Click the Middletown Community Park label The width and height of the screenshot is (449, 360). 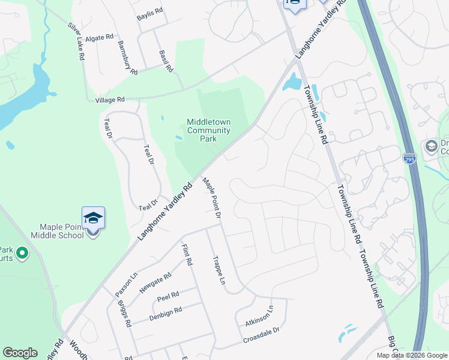(208, 130)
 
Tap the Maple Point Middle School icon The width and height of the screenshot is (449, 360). (93, 218)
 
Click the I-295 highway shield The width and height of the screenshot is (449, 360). (409, 158)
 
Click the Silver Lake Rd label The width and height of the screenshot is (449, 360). (75, 41)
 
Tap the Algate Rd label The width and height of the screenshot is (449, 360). (99, 37)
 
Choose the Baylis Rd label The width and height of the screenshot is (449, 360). (149, 11)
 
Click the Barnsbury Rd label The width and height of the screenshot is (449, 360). (128, 57)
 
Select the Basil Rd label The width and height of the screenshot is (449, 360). (166, 60)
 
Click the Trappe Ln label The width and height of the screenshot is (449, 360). (218, 270)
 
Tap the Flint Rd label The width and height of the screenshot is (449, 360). (187, 254)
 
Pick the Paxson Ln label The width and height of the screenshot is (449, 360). (127, 286)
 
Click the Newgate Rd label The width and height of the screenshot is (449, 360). (155, 281)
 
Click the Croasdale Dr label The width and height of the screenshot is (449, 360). (261, 335)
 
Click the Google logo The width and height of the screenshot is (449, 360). (20, 353)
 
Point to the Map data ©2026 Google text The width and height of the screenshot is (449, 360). (411, 355)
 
